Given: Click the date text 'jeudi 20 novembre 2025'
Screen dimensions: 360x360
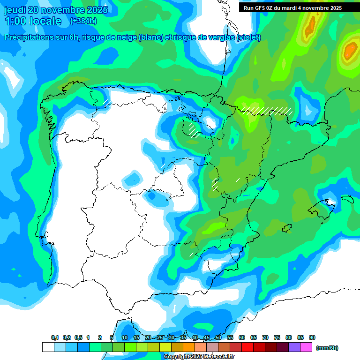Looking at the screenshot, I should [56, 10].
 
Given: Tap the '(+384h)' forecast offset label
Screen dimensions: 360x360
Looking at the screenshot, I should [83, 21].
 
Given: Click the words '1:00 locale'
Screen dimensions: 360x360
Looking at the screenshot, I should [33, 21].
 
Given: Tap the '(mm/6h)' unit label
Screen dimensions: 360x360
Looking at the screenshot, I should [327, 348].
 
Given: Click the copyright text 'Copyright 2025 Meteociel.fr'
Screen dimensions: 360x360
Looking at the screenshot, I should [199, 357].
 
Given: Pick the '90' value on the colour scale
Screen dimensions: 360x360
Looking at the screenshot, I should [312, 337].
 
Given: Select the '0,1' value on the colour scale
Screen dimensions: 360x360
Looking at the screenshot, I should [55, 337].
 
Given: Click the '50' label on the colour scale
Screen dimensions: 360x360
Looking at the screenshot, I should [218, 337].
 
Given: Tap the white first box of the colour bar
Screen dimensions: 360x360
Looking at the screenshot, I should [48, 347].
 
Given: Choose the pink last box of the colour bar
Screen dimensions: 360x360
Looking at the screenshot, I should [306, 347].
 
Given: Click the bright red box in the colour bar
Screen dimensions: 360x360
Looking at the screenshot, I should [247, 347].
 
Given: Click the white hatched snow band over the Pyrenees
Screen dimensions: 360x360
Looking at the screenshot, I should [267, 111].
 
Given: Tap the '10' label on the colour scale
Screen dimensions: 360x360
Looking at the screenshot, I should [125, 337].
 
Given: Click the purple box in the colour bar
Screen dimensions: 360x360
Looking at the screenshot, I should [294, 347].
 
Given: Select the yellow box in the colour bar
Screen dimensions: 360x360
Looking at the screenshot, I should [165, 347].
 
